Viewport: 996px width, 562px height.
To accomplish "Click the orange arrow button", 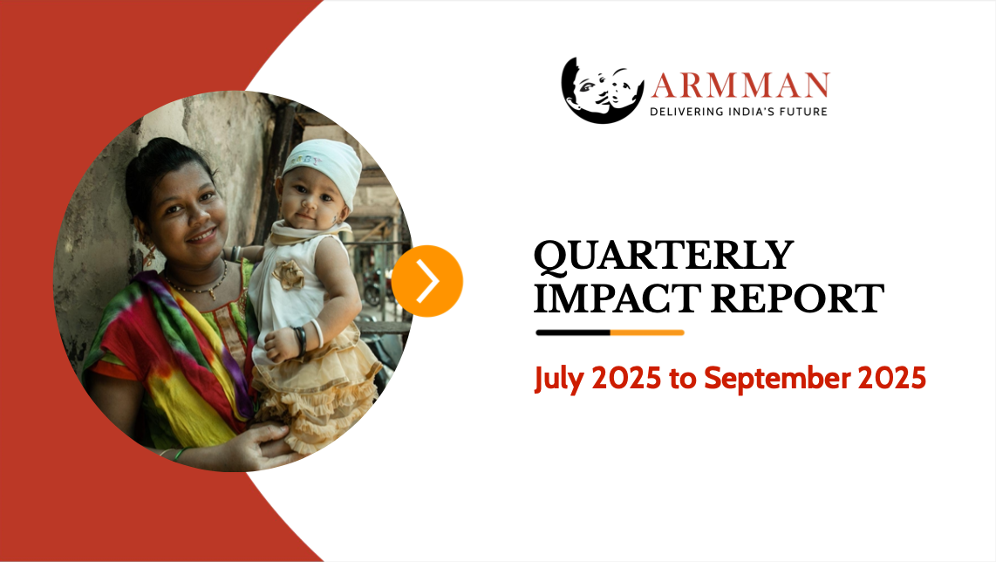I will click(x=427, y=281).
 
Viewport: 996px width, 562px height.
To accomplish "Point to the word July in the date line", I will click(x=560, y=379).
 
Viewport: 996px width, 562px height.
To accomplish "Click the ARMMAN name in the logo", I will click(x=740, y=86).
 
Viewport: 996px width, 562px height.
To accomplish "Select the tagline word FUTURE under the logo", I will click(x=801, y=112).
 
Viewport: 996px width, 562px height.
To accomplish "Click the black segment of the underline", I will click(x=572, y=332).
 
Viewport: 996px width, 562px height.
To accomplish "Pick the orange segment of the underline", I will click(x=647, y=332).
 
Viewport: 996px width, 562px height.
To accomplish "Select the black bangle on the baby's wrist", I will click(x=300, y=339).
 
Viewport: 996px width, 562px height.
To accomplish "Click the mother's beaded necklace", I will click(x=199, y=286).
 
